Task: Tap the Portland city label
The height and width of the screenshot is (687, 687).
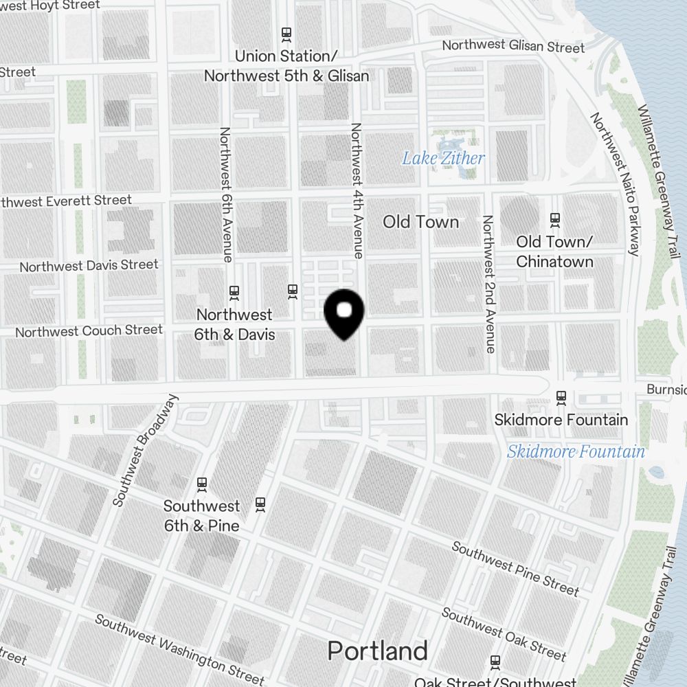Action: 378,651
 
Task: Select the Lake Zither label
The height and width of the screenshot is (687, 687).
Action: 443,158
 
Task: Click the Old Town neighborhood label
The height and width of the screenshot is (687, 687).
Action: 420,221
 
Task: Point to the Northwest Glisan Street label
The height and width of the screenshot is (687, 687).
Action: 513,46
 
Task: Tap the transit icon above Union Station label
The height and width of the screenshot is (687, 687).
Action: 286,34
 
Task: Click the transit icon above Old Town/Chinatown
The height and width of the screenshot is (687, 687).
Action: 554,220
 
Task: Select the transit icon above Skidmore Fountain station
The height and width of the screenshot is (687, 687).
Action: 561,397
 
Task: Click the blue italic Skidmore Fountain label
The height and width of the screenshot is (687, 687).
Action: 576,451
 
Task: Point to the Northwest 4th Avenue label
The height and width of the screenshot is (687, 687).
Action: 357,190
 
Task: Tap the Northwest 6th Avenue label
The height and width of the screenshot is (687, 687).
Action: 225,194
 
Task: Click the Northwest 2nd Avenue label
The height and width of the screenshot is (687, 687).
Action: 488,284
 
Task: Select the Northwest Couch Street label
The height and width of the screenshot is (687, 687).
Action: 89,331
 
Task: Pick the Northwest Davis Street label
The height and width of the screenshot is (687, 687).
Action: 89,265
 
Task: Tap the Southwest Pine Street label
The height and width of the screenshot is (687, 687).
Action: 515,568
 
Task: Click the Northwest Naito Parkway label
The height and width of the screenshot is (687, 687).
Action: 615,183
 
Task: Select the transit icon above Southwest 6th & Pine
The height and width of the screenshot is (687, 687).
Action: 202,484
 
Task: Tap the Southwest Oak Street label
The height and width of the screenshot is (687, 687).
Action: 504,633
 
